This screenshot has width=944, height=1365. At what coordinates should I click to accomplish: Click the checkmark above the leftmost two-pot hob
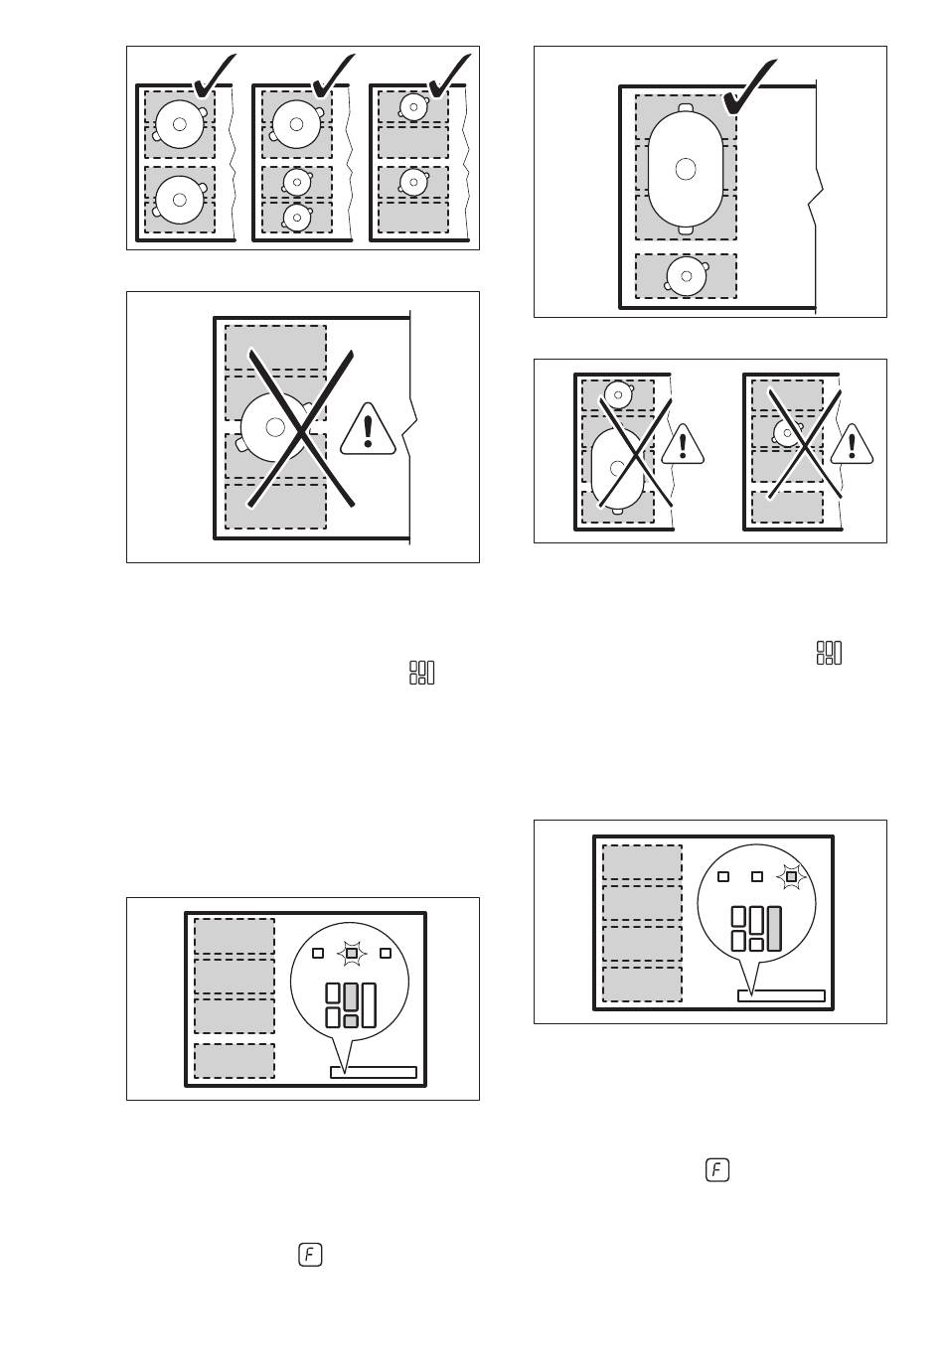point(214,76)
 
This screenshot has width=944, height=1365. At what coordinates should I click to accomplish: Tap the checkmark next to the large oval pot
point(749,86)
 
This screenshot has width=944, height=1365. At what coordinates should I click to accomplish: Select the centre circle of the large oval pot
point(686,169)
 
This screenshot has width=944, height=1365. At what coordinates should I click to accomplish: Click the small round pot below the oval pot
point(687,276)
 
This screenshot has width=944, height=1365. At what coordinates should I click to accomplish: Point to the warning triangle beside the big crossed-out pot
point(368,429)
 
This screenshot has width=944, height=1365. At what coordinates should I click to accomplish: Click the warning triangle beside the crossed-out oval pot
point(683,444)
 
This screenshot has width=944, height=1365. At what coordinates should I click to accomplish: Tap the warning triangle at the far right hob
point(852,444)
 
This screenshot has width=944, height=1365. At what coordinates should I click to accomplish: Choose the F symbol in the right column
point(716,1170)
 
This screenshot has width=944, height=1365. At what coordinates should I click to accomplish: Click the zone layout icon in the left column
point(421,673)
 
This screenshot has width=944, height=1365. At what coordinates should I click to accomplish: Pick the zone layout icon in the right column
point(829,653)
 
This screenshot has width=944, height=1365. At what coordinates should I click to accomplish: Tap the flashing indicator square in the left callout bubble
point(352,953)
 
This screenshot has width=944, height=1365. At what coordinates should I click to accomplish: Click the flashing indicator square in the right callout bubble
point(791,876)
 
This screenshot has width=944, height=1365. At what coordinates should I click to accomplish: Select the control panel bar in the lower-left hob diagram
point(373,1072)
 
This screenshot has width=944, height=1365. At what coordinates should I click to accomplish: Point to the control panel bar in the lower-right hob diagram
point(781,995)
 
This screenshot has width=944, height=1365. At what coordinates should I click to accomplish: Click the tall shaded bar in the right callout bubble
point(774,928)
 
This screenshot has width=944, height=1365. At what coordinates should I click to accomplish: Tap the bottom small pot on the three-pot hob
point(297,217)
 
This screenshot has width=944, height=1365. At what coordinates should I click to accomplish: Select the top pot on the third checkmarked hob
point(413,106)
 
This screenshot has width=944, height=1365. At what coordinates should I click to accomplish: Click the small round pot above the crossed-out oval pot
point(618,394)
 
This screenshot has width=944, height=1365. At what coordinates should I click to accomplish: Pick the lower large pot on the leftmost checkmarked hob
point(179,200)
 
